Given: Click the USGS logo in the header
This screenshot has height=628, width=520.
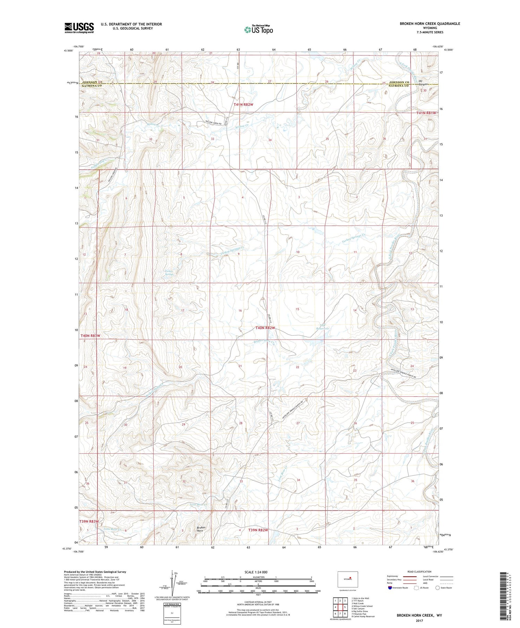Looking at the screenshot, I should (x=79, y=28).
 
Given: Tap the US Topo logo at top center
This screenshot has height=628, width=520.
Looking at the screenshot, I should (x=259, y=30).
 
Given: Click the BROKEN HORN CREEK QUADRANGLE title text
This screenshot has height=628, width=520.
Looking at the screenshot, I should (x=430, y=24).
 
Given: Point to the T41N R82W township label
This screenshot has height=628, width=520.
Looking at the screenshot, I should (x=243, y=104).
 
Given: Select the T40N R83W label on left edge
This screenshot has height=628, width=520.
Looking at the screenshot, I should (x=90, y=336).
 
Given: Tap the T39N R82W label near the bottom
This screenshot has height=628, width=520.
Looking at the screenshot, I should (x=258, y=530).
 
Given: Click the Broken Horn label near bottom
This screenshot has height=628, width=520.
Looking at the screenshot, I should (x=201, y=529).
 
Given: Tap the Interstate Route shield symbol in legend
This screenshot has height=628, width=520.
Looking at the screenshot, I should (x=390, y=588).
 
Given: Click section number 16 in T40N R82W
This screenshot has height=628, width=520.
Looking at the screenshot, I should (x=240, y=311).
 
